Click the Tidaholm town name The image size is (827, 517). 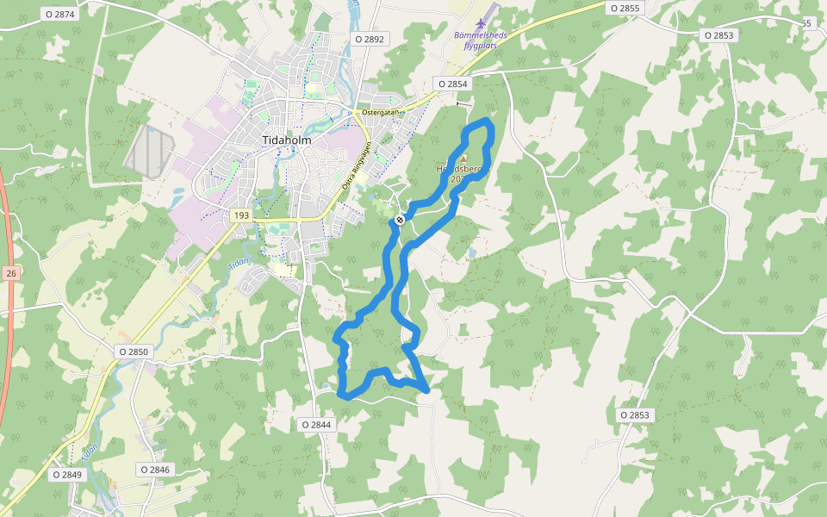tap(286, 140)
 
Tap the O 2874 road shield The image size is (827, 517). tap(59, 15)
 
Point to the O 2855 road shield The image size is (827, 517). tap(625, 8)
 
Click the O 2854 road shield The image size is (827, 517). tap(451, 84)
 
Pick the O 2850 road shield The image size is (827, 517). tap(134, 352)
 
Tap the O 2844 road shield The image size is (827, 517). tap(316, 425)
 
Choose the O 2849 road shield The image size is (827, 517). tap(66, 475)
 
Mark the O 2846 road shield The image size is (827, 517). tap(154, 470)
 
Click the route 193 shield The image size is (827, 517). tap(240, 214)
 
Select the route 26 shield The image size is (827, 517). tap(10, 273)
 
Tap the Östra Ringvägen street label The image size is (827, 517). tap(356, 165)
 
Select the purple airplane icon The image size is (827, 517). tap(480, 21)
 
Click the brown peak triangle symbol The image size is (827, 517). tap(463, 159)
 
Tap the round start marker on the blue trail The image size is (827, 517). tap(400, 221)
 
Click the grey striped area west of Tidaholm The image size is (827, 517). tap(151, 152)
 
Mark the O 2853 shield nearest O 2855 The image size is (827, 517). tap(718, 35)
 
